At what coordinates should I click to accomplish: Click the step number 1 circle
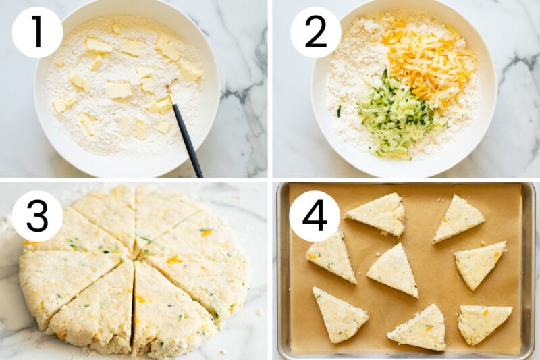pos(37,32)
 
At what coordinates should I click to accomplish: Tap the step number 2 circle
pos(315,32)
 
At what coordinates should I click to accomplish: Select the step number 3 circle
pos(37,216)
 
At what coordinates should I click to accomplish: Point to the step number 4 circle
pos(315,216)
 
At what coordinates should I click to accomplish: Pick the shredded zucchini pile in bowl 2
pos(394,118)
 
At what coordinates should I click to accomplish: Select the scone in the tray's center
pos(394,269)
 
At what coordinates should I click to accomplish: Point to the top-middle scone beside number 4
pos(379,213)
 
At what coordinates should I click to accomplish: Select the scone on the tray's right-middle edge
pos(479,263)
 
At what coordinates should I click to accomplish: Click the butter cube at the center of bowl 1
pos(119,90)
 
